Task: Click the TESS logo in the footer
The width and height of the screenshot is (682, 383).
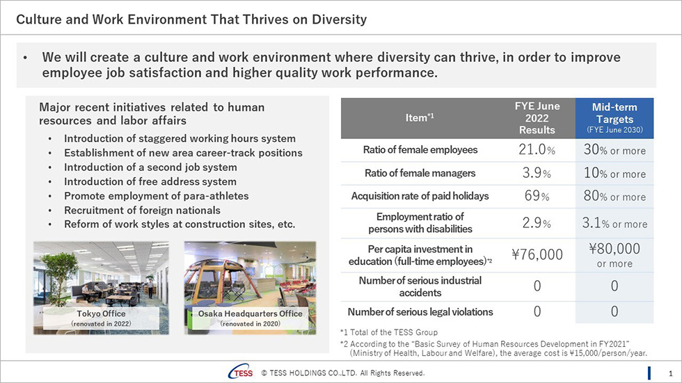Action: [x=241, y=372]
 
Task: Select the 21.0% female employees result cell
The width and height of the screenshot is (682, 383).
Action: [x=537, y=150]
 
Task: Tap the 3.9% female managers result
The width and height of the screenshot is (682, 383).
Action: [x=537, y=173]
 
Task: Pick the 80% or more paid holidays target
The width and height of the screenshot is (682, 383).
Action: [x=614, y=196]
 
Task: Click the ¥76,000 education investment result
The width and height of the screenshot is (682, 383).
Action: [x=537, y=254]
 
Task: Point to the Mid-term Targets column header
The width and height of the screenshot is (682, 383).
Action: [x=614, y=118]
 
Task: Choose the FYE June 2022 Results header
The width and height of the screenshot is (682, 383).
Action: [x=537, y=118]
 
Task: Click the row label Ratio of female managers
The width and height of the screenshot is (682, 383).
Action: [x=420, y=173]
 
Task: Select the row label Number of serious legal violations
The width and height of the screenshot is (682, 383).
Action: [x=420, y=312]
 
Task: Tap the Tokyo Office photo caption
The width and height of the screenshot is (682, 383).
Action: [x=101, y=318]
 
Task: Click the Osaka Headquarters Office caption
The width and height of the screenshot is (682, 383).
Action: [x=250, y=318]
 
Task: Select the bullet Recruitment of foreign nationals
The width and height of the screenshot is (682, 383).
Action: [x=142, y=210]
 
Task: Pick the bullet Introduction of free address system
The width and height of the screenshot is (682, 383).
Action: [x=150, y=181]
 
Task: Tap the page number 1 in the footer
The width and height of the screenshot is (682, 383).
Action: [x=670, y=373]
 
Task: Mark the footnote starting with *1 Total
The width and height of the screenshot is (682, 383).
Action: [x=389, y=332]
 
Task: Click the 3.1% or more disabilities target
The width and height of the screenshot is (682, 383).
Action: [x=614, y=223]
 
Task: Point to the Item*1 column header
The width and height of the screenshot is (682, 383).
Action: [x=419, y=117]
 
